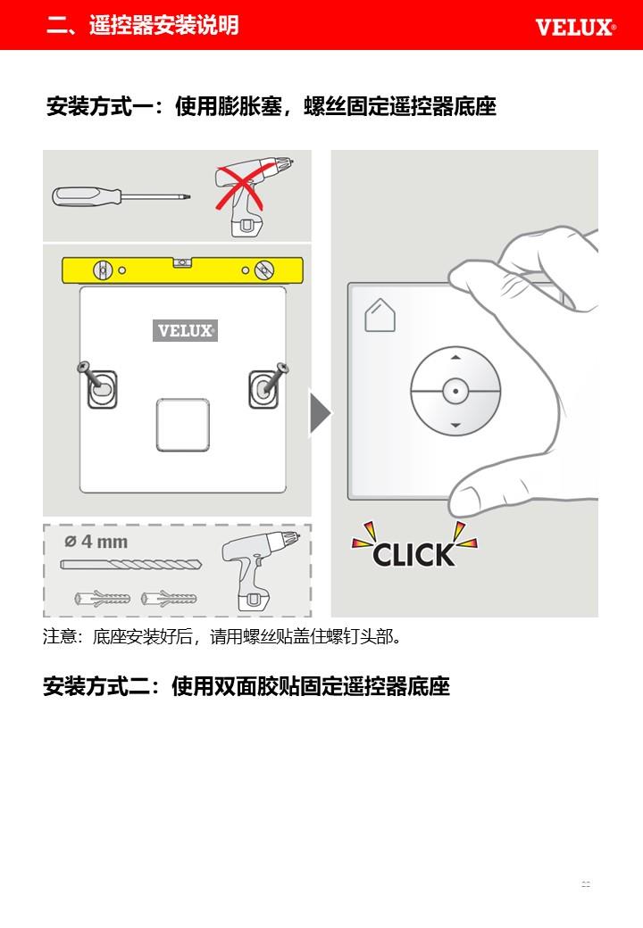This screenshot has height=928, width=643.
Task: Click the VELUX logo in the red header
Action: click(x=575, y=28)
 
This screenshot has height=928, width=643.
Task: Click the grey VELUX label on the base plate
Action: click(x=186, y=330)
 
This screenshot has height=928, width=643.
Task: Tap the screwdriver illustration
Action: click(x=121, y=195)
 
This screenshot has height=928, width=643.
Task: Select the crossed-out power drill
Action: click(x=253, y=196)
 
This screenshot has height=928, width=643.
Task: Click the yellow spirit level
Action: click(x=182, y=269)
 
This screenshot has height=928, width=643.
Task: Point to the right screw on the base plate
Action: click(x=272, y=378)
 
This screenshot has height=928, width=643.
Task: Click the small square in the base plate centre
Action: click(x=183, y=425)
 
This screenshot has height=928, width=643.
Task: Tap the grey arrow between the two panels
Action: click(x=321, y=412)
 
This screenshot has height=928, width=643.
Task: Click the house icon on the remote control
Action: click(x=380, y=316)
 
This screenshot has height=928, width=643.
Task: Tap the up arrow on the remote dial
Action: click(x=455, y=358)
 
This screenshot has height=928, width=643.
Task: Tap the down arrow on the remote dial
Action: click(x=455, y=425)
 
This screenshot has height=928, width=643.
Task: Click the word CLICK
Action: click(x=413, y=554)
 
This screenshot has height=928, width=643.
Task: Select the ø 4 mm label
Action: click(x=96, y=542)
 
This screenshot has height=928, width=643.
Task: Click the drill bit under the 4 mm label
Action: click(x=131, y=565)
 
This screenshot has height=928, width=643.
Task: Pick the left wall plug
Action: click(x=103, y=599)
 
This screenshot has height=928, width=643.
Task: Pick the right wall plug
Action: click(x=169, y=599)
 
